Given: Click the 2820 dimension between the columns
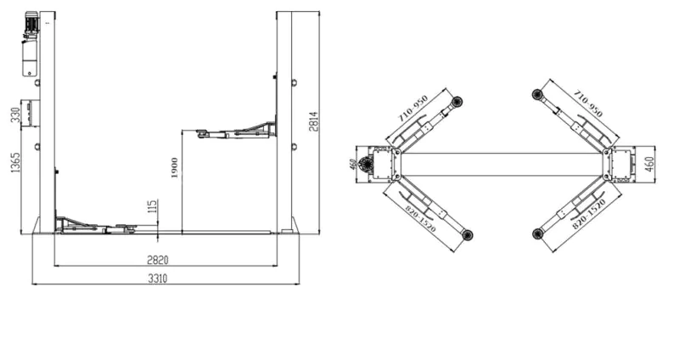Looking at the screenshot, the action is pyautogui.click(x=158, y=260).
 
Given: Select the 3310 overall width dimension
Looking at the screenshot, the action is pyautogui.click(x=158, y=278).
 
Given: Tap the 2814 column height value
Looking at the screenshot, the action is pyautogui.click(x=314, y=121).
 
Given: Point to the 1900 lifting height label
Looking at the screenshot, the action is pyautogui.click(x=175, y=167).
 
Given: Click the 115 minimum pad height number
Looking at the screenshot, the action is pyautogui.click(x=152, y=206).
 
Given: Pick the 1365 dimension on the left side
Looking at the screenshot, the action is pyautogui.click(x=15, y=162).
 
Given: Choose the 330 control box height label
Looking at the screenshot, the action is pyautogui.click(x=15, y=115).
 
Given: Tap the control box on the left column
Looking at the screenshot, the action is pyautogui.click(x=31, y=114).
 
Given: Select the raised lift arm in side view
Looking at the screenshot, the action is pyautogui.click(x=236, y=131).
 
